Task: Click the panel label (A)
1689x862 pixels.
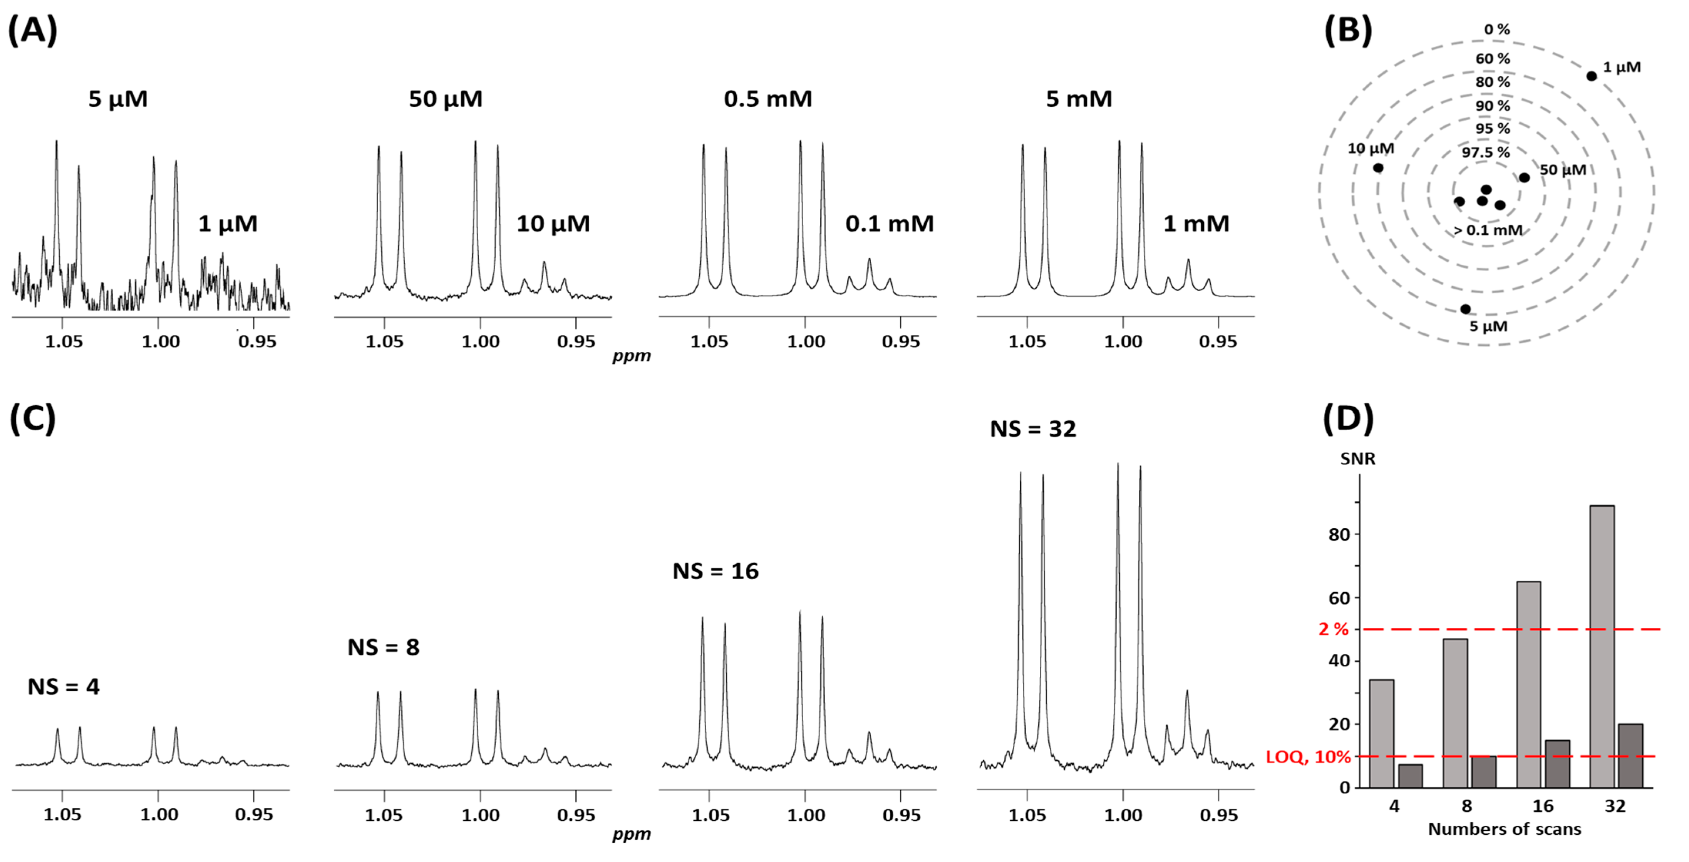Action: tap(33, 31)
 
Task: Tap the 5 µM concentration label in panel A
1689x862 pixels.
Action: tap(118, 99)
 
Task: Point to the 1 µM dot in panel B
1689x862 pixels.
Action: tap(1591, 76)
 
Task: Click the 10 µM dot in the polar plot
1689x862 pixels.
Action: tap(1378, 168)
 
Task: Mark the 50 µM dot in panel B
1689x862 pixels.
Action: tap(1525, 178)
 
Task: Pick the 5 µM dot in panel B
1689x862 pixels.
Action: tap(1465, 309)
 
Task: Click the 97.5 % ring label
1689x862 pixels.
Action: tap(1486, 152)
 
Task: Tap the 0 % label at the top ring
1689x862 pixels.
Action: tap(1497, 30)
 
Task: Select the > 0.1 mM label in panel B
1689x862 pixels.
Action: tap(1488, 230)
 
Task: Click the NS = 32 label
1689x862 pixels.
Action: tap(1033, 429)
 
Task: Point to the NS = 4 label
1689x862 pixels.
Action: tap(64, 687)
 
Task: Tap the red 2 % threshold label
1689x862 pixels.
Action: tap(1334, 629)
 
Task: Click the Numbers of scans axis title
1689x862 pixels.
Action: tap(1504, 829)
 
